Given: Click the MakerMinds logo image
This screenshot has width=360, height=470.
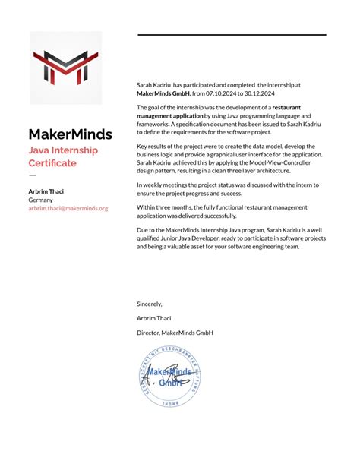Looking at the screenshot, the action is [x=65, y=68].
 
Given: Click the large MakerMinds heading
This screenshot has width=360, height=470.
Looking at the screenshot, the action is [x=70, y=134].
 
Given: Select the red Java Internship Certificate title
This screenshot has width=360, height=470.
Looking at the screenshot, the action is [x=63, y=156].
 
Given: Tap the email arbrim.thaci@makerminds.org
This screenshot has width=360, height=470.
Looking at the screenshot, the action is [x=68, y=207].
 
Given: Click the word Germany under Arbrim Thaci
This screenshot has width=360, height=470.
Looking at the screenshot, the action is [x=41, y=200].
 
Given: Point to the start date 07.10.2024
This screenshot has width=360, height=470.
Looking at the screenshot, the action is [x=221, y=93].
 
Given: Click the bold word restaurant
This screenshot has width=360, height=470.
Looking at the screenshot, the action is [x=287, y=108].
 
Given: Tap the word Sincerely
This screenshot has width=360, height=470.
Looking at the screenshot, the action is [x=149, y=304].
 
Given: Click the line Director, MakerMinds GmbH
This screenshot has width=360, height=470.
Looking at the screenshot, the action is [x=175, y=333].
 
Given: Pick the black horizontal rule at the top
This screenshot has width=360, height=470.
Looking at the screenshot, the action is [x=232, y=35].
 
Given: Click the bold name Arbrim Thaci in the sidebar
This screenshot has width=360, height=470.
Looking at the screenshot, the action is [x=46, y=191].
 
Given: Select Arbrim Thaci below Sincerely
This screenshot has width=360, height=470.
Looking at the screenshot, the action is [x=154, y=318].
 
